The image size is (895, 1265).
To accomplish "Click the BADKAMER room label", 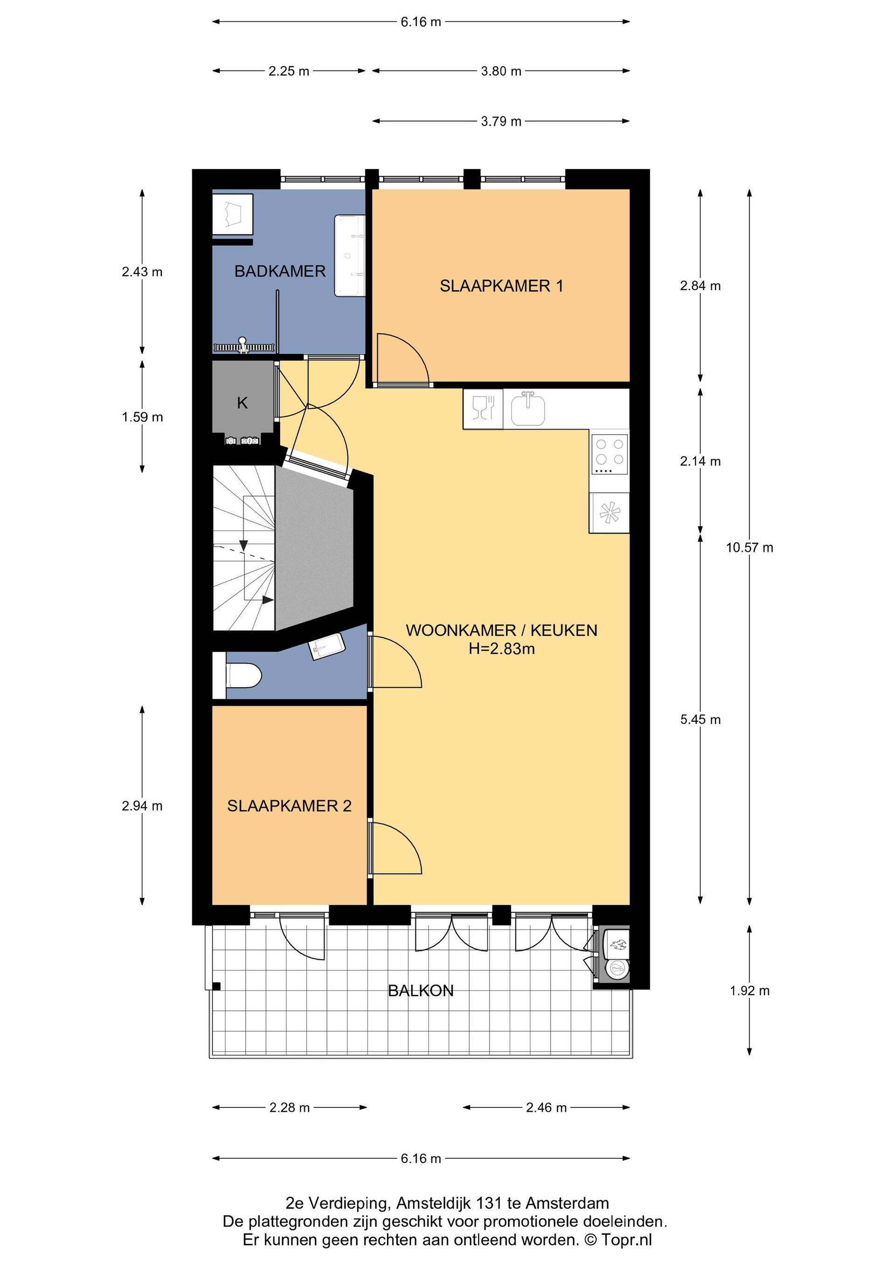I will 280,271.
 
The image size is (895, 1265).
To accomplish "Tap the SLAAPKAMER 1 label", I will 501,286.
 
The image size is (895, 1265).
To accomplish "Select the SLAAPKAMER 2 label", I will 289,806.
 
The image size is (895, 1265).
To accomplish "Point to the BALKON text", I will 420,991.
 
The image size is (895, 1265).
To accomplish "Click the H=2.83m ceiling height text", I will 502,649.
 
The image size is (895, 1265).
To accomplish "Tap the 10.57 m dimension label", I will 749,547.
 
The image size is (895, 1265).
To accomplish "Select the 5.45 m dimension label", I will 700,719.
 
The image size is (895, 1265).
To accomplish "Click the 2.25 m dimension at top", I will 289,71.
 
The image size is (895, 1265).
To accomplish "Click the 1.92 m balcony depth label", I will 749,991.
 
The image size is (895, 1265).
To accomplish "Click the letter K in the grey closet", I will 242,403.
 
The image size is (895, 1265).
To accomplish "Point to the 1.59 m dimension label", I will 142,417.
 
